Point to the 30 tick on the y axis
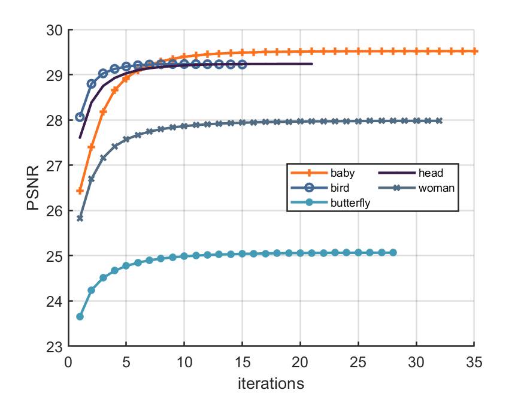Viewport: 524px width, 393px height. pos(56,30)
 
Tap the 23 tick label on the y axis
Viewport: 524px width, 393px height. pos(56,346)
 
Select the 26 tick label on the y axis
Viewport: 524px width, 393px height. pos(56,211)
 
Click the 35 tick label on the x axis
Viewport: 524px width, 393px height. pos(474,361)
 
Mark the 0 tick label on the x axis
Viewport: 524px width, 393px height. pos(68,361)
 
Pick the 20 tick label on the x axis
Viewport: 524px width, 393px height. pos(300,361)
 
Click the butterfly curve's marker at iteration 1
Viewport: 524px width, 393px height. pos(80,316)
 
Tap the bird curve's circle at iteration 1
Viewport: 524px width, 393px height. pos(80,117)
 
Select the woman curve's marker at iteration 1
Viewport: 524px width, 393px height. pos(80,218)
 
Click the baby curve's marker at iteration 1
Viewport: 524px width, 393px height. pos(80,191)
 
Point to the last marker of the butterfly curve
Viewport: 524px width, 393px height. pos(393,253)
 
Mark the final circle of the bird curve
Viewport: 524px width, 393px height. pos(243,64)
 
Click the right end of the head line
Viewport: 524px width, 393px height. pos(312,64)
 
